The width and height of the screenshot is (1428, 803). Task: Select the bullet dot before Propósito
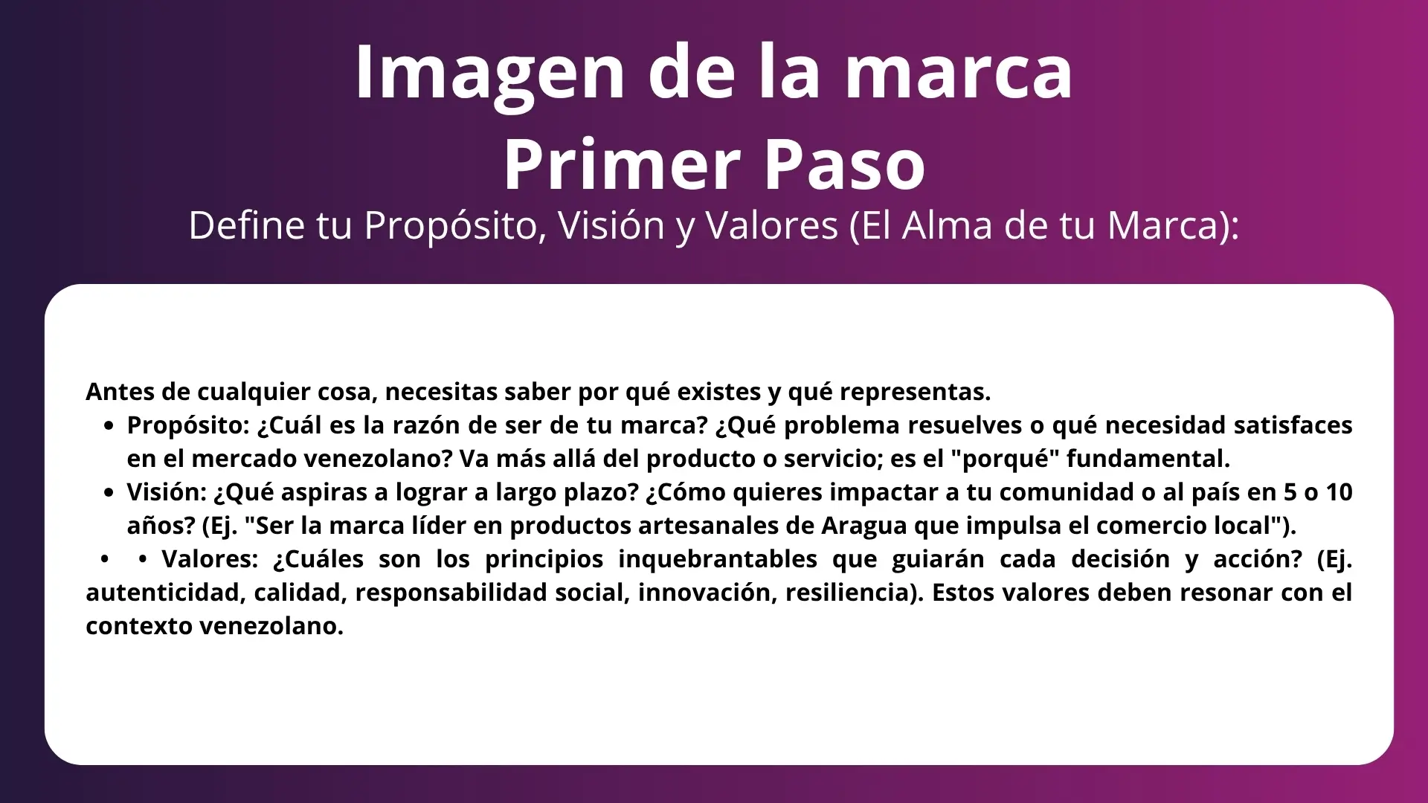pos(110,427)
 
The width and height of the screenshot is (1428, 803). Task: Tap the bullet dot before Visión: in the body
pos(110,494)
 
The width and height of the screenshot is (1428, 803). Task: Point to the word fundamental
pos(1148,459)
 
